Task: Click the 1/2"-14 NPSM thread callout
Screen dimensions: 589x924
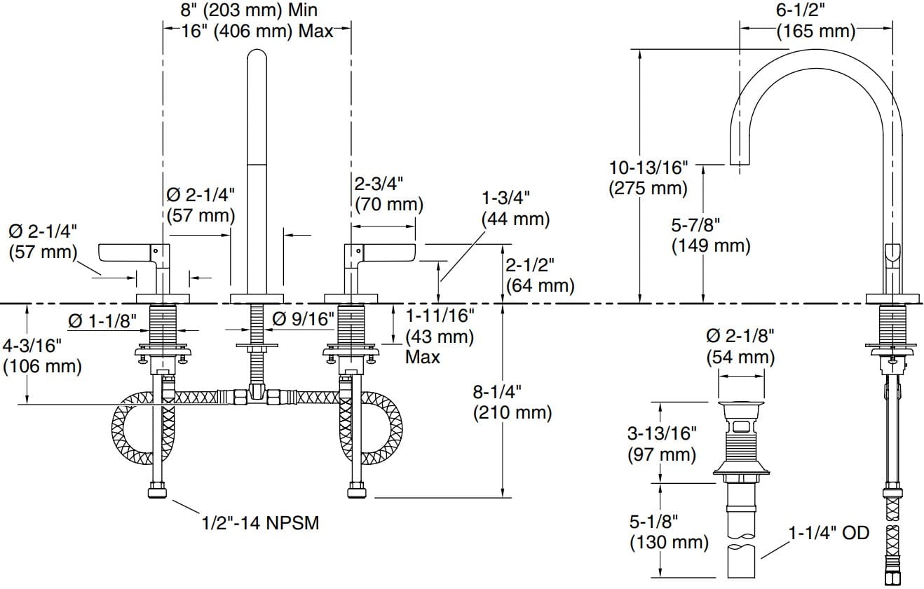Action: pyautogui.click(x=260, y=522)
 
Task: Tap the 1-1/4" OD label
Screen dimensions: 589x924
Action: pyautogui.click(x=828, y=534)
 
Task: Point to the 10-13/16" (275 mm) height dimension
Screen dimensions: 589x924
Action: pyautogui.click(x=648, y=177)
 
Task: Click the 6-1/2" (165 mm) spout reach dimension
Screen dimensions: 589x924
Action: pyautogui.click(x=815, y=21)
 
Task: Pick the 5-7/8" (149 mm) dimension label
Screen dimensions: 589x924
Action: pyautogui.click(x=710, y=235)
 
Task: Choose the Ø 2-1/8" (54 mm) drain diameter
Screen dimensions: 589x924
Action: pyautogui.click(x=740, y=346)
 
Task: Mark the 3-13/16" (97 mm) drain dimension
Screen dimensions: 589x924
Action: pyautogui.click(x=661, y=444)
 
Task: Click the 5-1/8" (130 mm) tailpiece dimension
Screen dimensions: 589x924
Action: pyautogui.click(x=668, y=531)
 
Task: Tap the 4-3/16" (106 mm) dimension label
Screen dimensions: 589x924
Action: pyautogui.click(x=41, y=355)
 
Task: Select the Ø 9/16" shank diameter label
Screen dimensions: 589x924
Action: pyautogui.click(x=303, y=319)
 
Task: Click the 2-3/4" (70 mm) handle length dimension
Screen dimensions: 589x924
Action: pyautogui.click(x=388, y=194)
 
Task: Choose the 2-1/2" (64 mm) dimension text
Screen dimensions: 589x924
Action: pyautogui.click(x=539, y=275)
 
